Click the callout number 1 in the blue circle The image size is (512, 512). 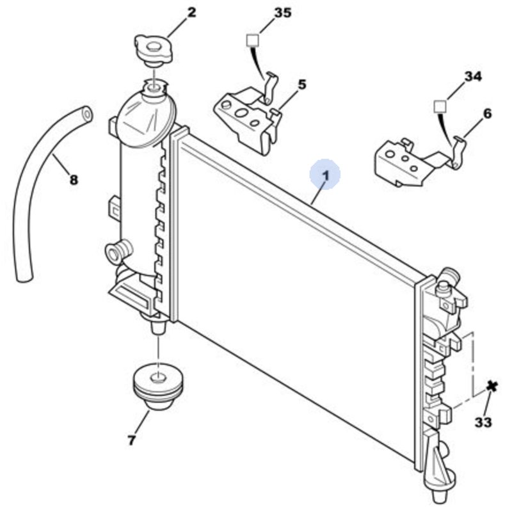(x=325, y=174)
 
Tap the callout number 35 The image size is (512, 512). (x=282, y=12)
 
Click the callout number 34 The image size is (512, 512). (x=472, y=76)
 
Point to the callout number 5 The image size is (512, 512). (x=301, y=84)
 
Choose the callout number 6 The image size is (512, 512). (x=487, y=114)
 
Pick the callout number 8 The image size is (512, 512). (x=74, y=180)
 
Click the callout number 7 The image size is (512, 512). (x=132, y=440)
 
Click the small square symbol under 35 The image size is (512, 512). (x=252, y=39)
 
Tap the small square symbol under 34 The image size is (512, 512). (x=438, y=105)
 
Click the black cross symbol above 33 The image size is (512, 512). (x=492, y=386)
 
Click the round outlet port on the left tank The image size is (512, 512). (x=117, y=252)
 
